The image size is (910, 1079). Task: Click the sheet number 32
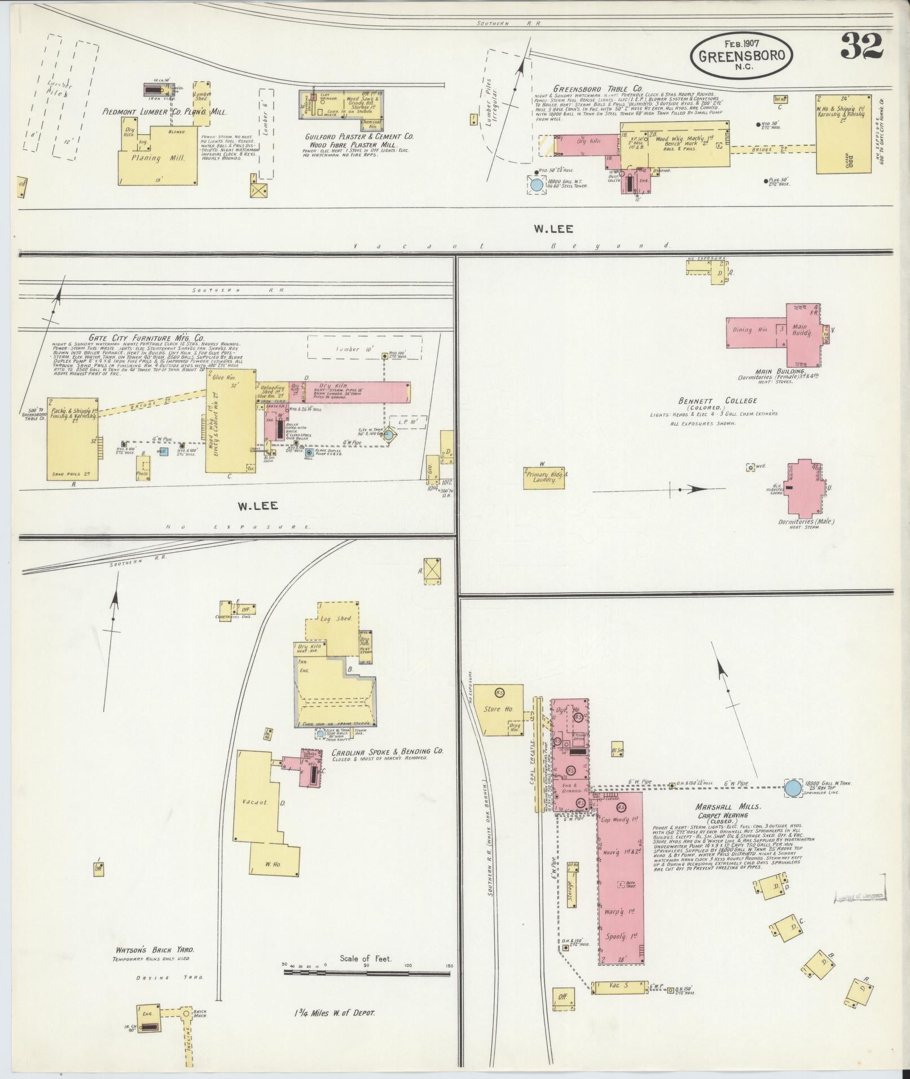point(861,46)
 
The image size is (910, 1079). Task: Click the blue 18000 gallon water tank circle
point(793,788)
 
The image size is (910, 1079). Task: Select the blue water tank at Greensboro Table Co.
point(537,184)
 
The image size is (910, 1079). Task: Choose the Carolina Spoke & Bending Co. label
point(387,752)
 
